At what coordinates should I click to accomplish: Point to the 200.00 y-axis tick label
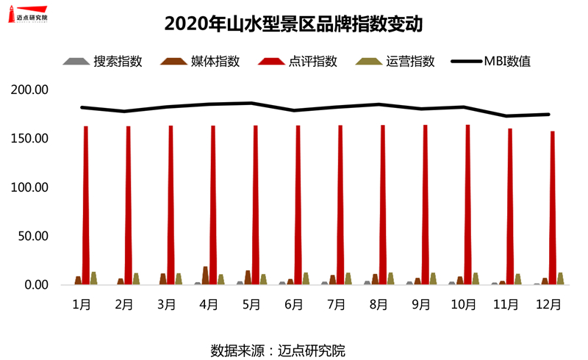(30, 90)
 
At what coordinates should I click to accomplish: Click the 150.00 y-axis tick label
(30, 139)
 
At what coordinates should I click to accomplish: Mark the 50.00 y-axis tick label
(33, 237)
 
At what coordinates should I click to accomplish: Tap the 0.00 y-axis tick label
(36, 285)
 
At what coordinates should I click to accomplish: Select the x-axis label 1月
(82, 303)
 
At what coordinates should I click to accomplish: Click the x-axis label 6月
(293, 303)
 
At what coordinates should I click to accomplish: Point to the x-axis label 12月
(548, 303)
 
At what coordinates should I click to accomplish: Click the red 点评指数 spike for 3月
(171, 206)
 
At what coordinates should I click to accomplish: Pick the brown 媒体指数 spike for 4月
(206, 276)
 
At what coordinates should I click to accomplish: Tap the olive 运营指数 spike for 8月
(390, 279)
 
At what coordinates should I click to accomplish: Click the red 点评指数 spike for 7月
(340, 206)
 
